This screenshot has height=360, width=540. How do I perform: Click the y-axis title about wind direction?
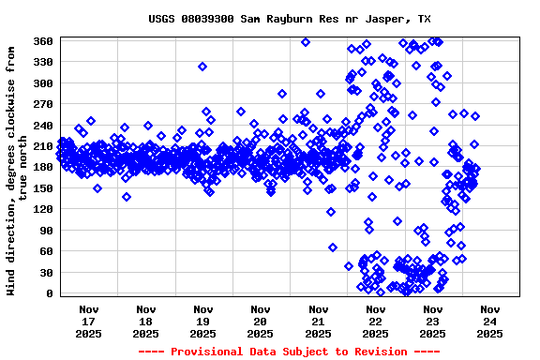pyautogui.click(x=16, y=168)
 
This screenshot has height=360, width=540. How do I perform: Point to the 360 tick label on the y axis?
pyautogui.click(x=42, y=41)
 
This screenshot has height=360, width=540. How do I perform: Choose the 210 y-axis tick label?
pyautogui.click(x=42, y=146)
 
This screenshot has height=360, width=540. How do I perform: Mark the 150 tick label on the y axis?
pyautogui.click(x=42, y=188)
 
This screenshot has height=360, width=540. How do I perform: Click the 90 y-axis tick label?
pyautogui.click(x=45, y=231)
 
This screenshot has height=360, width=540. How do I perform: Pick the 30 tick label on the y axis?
pyautogui.click(x=45, y=273)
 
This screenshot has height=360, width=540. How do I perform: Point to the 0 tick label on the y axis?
pyautogui.click(x=49, y=293)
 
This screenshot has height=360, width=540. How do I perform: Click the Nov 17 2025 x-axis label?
pyautogui.click(x=89, y=321)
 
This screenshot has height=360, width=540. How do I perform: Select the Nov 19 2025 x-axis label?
pyautogui.click(x=203, y=321)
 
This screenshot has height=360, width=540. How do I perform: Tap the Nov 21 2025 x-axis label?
pyautogui.click(x=319, y=321)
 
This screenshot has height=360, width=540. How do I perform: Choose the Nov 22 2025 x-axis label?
pyautogui.click(x=376, y=321)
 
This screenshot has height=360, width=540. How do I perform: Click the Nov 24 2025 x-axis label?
pyautogui.click(x=490, y=321)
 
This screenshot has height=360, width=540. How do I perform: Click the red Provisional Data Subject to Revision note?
pyautogui.click(x=289, y=352)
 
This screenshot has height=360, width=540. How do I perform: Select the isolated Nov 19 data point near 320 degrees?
pyautogui.click(x=202, y=67)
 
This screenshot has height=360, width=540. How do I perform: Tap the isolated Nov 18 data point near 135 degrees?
pyautogui.click(x=127, y=197)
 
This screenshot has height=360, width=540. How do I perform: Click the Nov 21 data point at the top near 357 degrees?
pyautogui.click(x=306, y=42)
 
